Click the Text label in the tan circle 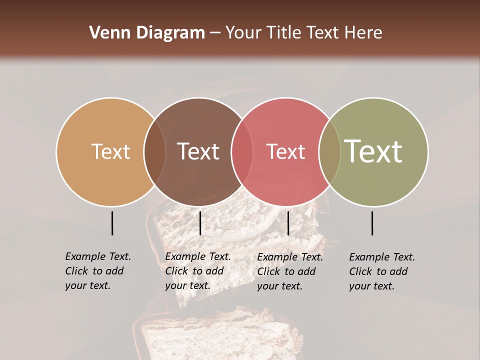[x=110, y=151]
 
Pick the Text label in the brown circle [x=198, y=151]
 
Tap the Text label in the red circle [x=285, y=151]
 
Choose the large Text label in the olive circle [x=373, y=151]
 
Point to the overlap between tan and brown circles [x=154, y=151]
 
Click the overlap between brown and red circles [x=242, y=151]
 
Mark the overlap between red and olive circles [x=329, y=151]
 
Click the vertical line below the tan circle [x=112, y=223]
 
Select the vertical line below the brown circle [x=200, y=223]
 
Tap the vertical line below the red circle [x=288, y=223]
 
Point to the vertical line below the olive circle [x=372, y=223]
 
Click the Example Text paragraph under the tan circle [x=97, y=271]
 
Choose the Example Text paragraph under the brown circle [x=197, y=271]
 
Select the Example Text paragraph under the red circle [x=289, y=271]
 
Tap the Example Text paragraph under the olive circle [x=381, y=271]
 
